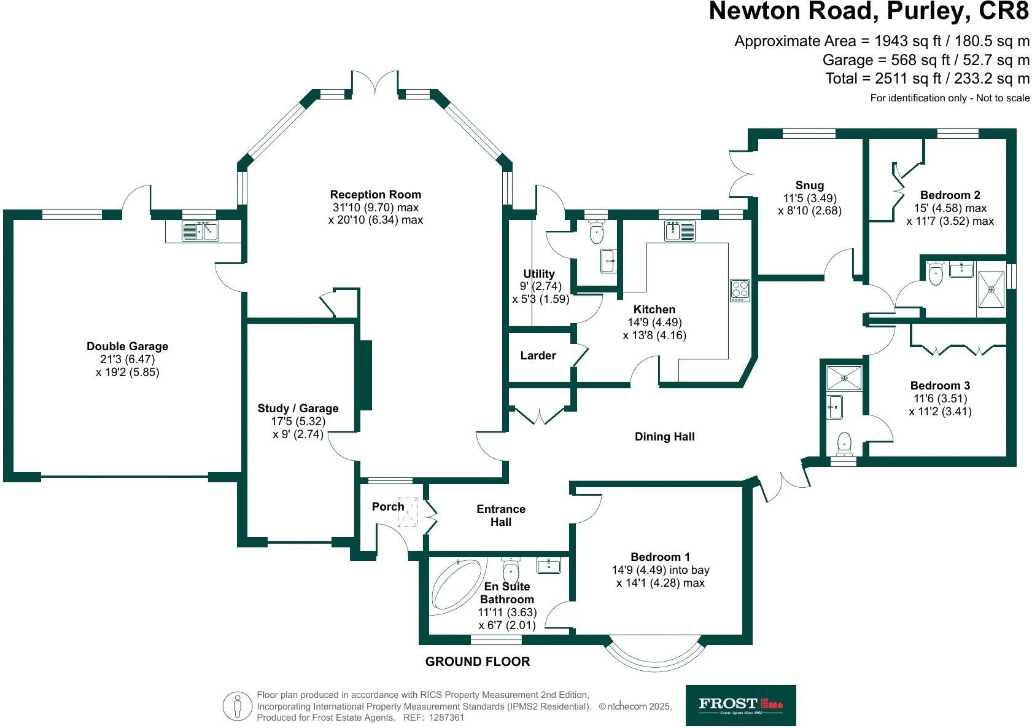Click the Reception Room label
[x=376, y=195]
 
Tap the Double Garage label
[x=127, y=346]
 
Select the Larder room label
[x=538, y=356]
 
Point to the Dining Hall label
[x=664, y=437]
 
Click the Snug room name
[x=810, y=186]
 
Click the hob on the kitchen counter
[x=740, y=291]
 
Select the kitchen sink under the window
[x=680, y=231]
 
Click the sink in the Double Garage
[x=200, y=231]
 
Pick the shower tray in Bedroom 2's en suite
[x=991, y=289]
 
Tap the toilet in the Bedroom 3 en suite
[x=844, y=444]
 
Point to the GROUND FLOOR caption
[x=477, y=662]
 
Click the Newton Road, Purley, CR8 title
[x=869, y=11]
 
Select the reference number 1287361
[x=446, y=718]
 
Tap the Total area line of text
[x=927, y=79]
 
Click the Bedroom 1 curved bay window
[x=654, y=664]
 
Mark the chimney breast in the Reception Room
[x=365, y=375]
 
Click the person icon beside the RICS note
[x=237, y=706]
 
